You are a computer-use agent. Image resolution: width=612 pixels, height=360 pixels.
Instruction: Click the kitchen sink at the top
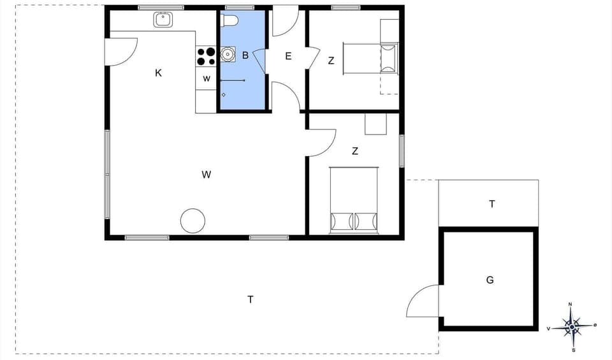coord(164,20)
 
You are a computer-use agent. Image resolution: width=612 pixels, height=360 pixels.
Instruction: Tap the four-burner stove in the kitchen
coord(206,57)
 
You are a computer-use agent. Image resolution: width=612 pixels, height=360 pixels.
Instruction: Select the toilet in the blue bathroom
coord(229,21)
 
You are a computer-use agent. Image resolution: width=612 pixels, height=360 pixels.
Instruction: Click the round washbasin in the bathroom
coord(228,55)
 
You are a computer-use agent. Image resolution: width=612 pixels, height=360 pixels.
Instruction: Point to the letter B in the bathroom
coord(245,55)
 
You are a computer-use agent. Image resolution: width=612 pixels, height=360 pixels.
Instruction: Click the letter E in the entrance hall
coord(288,56)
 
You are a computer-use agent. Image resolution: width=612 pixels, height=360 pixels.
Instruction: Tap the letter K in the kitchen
coord(158,73)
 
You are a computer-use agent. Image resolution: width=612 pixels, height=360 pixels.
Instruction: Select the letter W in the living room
coord(206,174)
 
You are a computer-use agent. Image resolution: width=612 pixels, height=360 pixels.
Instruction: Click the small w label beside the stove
coord(206,79)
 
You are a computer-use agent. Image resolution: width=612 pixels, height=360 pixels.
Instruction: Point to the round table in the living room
coord(193,220)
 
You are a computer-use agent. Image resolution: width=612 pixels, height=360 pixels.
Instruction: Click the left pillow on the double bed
coord(342,221)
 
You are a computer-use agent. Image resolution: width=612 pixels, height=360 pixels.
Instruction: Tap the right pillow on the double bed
coord(366,221)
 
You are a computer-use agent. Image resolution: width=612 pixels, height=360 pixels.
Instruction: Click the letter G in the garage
coord(490,280)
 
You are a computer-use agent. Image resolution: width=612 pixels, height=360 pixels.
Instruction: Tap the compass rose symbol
coord(572,326)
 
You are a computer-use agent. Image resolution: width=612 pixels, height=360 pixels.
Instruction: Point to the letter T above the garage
coord(492,204)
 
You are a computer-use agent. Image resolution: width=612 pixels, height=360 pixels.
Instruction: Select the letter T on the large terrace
coord(251,299)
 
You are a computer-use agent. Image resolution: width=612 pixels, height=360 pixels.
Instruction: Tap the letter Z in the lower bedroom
coord(354,151)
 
